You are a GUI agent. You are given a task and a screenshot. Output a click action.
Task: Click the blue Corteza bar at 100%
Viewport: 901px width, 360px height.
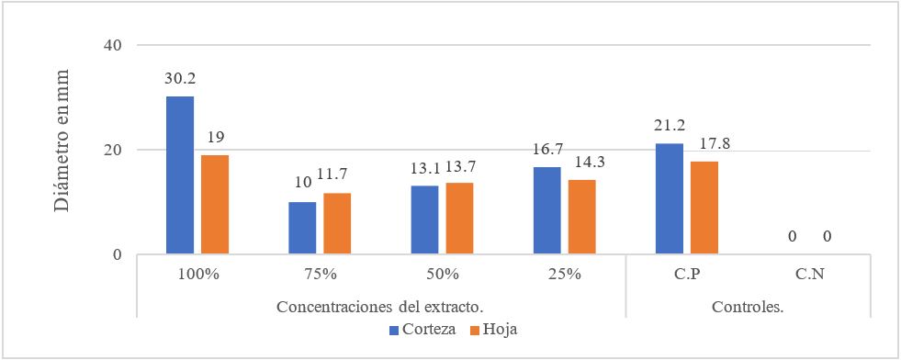point(180,174)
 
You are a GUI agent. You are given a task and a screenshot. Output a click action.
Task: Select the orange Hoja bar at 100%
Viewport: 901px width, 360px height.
point(215,204)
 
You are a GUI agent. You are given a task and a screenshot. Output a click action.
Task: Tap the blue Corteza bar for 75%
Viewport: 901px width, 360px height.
point(302,228)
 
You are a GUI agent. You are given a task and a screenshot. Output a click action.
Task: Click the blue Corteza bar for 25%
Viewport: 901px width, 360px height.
point(547,210)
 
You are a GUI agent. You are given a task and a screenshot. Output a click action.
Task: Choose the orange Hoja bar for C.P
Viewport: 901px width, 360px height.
point(704,208)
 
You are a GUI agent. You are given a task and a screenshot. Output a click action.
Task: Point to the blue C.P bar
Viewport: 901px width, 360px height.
point(670,198)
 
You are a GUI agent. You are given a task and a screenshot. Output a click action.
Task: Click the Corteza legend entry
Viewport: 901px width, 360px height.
point(422,329)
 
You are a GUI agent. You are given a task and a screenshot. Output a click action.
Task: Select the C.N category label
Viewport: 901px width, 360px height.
point(810,273)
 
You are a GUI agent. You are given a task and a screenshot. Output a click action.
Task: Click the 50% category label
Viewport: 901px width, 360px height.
point(443,273)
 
